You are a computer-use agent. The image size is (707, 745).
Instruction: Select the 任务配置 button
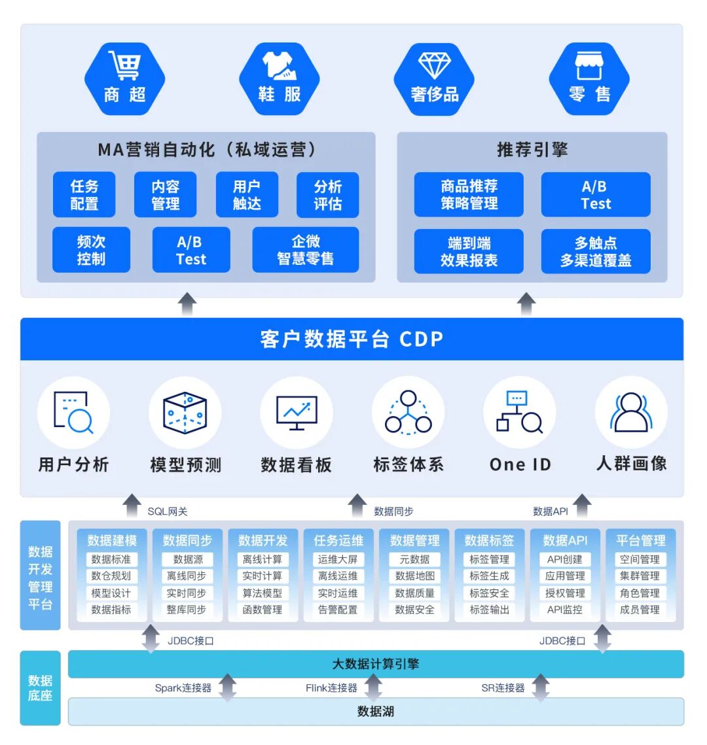point(84,195)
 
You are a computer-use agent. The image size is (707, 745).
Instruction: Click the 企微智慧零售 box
point(305,250)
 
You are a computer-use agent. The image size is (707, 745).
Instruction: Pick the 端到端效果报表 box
point(469,251)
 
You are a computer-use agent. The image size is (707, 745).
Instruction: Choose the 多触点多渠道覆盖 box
point(596,251)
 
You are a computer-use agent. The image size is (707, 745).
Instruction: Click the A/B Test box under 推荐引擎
point(596,195)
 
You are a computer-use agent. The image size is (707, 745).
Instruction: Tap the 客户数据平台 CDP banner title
point(352,339)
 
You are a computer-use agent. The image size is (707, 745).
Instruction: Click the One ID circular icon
point(520,413)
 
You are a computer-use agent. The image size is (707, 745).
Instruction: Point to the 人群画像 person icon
point(631,413)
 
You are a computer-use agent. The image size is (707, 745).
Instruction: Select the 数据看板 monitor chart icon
point(297,413)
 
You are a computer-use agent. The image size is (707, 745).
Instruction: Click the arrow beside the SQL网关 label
point(133,506)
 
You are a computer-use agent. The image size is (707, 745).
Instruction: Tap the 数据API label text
point(550,511)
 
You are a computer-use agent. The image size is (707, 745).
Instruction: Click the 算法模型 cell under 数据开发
point(263,593)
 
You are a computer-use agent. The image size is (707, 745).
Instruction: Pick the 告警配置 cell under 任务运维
point(338,610)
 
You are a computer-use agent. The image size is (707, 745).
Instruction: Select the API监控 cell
point(565,610)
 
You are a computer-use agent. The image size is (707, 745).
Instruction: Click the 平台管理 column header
point(640,540)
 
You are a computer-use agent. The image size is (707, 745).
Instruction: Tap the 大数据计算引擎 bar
point(376,664)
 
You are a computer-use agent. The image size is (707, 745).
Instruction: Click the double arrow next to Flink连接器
point(373,688)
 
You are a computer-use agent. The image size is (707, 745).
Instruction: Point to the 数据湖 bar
point(376,712)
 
